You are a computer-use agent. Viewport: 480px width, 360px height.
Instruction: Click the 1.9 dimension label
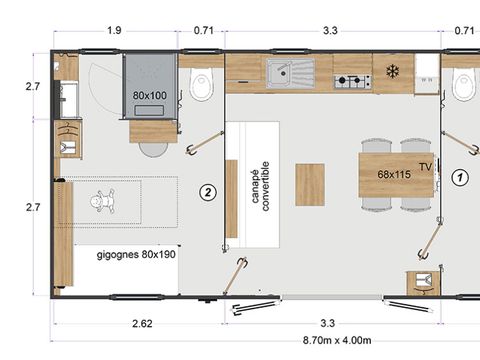pos(114,31)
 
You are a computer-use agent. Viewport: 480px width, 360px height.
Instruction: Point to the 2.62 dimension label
pos(142,323)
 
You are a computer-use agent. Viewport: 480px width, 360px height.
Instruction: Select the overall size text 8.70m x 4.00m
pos(337,340)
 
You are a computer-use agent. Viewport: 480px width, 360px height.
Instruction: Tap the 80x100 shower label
pos(150,96)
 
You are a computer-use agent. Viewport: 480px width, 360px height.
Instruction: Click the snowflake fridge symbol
pos(393,71)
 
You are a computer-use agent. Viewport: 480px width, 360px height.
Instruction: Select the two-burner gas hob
pos(353,80)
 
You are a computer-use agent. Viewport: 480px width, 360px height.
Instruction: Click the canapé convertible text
pos(260,186)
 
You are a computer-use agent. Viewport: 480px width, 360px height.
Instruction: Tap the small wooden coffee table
pos(310,184)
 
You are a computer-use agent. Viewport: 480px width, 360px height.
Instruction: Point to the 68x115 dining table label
pos(394,174)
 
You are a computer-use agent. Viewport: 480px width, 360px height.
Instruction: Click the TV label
pos(425,167)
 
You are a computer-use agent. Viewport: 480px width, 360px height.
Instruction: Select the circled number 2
pos(208,192)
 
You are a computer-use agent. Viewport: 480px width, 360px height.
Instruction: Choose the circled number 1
pos(460,177)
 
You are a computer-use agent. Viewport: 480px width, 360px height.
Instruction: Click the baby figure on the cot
pos(103,201)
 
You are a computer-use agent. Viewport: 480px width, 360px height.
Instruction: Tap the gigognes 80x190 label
pos(136,255)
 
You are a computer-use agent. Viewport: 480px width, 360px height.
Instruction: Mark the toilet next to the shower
pos(201,84)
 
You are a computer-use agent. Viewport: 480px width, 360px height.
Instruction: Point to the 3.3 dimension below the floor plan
pos(327,323)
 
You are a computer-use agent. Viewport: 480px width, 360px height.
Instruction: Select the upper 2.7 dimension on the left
pos(33,87)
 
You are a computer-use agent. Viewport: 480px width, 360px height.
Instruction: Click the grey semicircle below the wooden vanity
pos(154,149)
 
